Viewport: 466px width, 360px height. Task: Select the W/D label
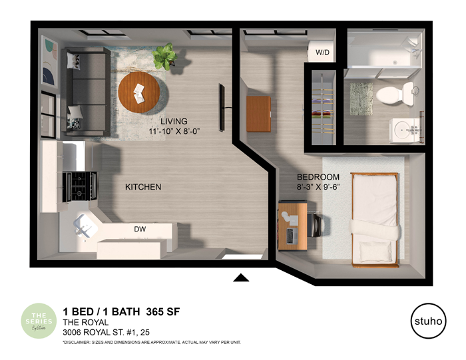tap(323, 51)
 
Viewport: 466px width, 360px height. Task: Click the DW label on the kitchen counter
tap(140, 230)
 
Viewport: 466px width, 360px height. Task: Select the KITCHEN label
tap(143, 187)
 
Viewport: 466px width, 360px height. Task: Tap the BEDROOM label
tap(318, 177)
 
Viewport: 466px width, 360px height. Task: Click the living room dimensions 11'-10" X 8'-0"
tap(174, 131)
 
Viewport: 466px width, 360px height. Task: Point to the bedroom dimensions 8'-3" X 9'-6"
tap(318, 187)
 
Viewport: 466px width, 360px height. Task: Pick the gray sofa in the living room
tap(85, 90)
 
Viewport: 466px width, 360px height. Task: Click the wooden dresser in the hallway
tap(258, 114)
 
